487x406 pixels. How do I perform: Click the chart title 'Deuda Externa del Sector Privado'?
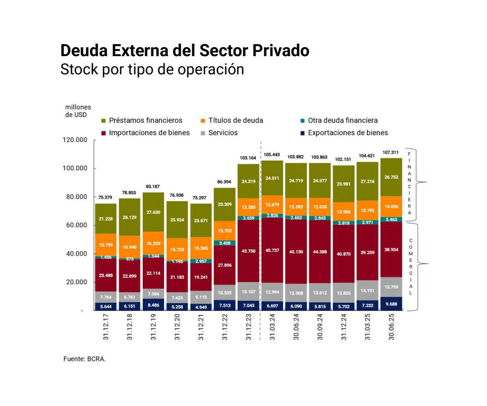click(185, 51)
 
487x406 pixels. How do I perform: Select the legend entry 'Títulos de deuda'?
click(235, 121)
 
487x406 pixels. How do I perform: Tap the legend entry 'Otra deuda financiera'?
click(343, 121)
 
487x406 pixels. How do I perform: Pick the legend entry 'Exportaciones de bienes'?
click(348, 133)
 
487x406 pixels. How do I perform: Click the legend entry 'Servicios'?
click(223, 133)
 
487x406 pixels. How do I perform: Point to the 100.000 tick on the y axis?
click(75, 168)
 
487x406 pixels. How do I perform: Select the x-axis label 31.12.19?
click(153, 327)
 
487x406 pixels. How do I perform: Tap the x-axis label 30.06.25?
click(391, 327)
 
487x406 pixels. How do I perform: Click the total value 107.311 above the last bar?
click(390, 152)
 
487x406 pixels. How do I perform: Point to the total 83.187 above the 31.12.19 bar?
click(153, 186)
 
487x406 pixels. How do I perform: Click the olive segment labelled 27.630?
click(153, 212)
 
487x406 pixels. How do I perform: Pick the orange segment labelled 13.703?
click(225, 230)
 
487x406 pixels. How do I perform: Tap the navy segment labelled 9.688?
click(391, 304)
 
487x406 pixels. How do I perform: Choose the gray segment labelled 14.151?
click(367, 291)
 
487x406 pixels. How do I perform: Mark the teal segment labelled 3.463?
click(391, 219)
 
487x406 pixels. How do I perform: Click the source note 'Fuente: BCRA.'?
click(84, 359)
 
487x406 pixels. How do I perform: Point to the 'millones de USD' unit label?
click(78, 111)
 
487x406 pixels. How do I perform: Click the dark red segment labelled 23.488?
click(106, 275)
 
